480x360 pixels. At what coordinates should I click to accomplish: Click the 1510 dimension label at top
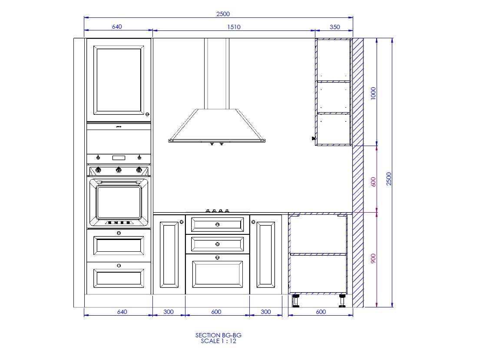tap(234, 27)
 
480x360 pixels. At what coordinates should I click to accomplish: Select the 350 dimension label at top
tap(334, 27)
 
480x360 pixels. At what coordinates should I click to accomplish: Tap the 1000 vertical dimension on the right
tap(373, 93)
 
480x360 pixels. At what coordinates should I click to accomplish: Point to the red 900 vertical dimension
tap(373, 258)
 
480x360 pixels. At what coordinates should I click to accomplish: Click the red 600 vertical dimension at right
tap(373, 182)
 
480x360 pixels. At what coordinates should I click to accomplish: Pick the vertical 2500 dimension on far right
tap(389, 179)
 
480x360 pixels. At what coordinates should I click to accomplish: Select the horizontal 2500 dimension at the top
tap(223, 14)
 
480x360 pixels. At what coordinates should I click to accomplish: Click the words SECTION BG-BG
tap(218, 335)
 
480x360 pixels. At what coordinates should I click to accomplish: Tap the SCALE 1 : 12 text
tap(218, 341)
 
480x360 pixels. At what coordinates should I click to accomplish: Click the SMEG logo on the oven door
tap(119, 223)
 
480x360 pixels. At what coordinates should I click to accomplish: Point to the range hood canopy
tap(217, 126)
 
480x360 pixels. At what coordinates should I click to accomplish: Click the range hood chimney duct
tap(217, 73)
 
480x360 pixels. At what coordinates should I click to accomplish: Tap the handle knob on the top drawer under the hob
tap(217, 225)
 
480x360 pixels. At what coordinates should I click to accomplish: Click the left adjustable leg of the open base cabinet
tap(296, 301)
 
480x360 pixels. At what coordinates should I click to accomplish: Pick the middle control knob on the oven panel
tap(119, 170)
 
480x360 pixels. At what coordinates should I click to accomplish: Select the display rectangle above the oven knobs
tap(119, 158)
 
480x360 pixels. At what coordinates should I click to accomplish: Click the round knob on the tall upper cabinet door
tap(147, 114)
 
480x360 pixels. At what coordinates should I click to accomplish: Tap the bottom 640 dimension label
tap(122, 312)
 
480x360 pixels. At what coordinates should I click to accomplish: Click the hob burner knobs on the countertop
tap(217, 211)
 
